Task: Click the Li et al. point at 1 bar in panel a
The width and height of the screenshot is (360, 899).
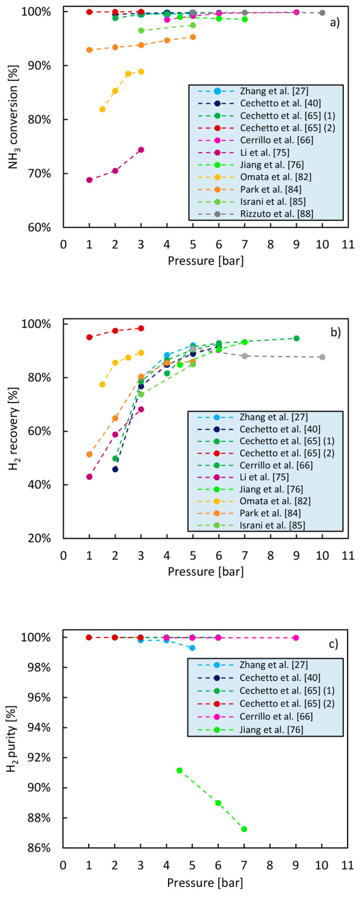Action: [89, 180]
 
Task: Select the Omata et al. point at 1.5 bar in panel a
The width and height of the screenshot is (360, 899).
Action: [102, 109]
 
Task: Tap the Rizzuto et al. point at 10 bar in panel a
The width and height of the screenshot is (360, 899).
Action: [322, 12]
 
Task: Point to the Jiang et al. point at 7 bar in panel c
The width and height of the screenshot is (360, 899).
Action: [244, 829]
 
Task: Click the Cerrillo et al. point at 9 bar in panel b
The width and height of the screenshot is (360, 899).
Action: [296, 338]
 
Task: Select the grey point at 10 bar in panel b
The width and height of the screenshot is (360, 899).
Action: [322, 357]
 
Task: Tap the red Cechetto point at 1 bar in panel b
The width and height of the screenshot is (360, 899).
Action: [89, 337]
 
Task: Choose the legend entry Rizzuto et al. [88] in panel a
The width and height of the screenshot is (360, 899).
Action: [277, 213]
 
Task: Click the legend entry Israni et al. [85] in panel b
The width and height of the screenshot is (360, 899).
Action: [277, 524]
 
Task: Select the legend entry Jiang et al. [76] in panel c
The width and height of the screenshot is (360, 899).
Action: [277, 729]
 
